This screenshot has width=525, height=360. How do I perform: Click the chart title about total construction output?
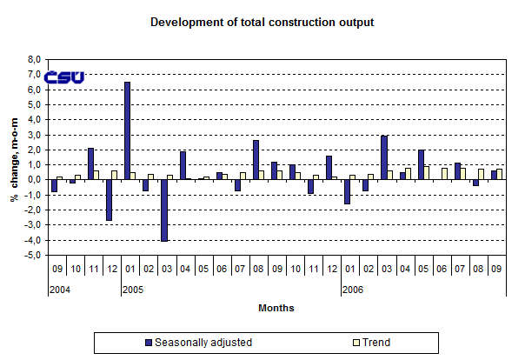coord(262,21)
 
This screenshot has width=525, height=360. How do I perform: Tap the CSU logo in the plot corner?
coord(65,77)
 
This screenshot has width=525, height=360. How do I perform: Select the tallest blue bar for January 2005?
coord(127,130)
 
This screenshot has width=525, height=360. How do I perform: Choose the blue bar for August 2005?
coord(256,159)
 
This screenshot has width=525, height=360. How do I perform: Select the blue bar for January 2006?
coord(347,191)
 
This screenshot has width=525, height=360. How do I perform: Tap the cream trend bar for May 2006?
coord(427,172)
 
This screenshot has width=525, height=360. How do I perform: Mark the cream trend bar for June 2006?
coord(445,173)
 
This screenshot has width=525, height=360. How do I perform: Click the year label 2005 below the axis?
coord(132,290)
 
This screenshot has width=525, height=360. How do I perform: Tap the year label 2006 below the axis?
coord(352,290)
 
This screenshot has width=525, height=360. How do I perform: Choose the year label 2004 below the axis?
coord(59,290)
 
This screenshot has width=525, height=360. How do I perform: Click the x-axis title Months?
coord(276,308)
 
